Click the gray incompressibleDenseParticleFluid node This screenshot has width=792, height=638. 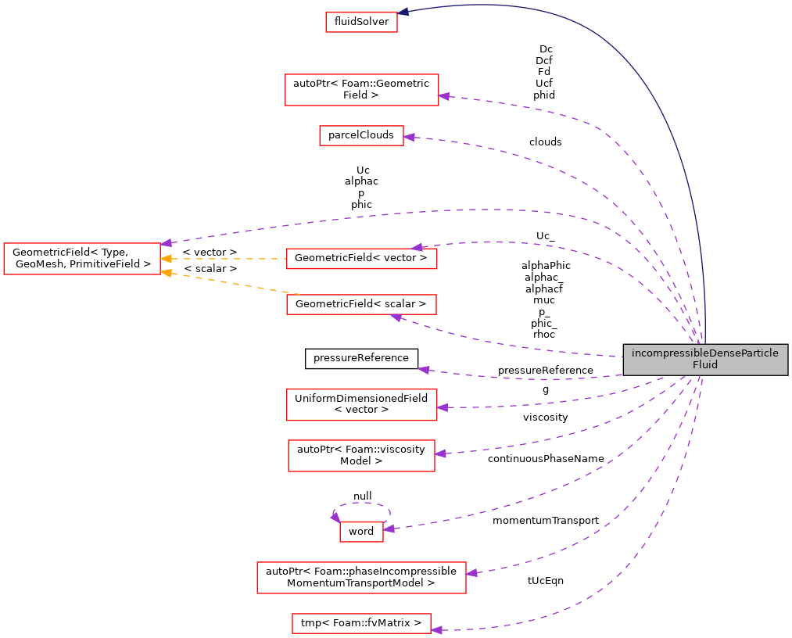click(x=705, y=360)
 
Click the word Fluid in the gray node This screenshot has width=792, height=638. click(x=705, y=365)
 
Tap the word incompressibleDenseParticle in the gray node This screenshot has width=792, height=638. click(x=705, y=353)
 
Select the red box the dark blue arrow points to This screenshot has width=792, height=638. click(x=361, y=22)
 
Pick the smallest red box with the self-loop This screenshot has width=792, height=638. click(x=361, y=532)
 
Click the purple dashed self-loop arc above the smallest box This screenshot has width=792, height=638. click(x=362, y=504)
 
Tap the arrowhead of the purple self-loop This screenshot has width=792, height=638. click(x=335, y=517)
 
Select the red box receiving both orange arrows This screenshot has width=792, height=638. click(x=81, y=259)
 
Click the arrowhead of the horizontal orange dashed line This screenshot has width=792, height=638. click(x=166, y=259)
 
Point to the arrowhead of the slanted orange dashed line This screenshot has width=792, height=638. click(x=166, y=274)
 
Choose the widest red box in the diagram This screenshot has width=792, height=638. click(x=361, y=578)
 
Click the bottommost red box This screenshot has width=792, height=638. click(x=361, y=623)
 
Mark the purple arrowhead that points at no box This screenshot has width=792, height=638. click(x=423, y=369)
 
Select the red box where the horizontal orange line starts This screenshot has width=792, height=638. click(x=361, y=259)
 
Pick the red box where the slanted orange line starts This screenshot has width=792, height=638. click(x=361, y=305)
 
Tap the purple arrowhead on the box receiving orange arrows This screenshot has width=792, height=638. click(x=167, y=243)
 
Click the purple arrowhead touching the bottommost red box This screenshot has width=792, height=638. click(x=436, y=630)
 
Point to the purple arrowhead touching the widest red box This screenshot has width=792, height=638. click(x=471, y=573)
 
